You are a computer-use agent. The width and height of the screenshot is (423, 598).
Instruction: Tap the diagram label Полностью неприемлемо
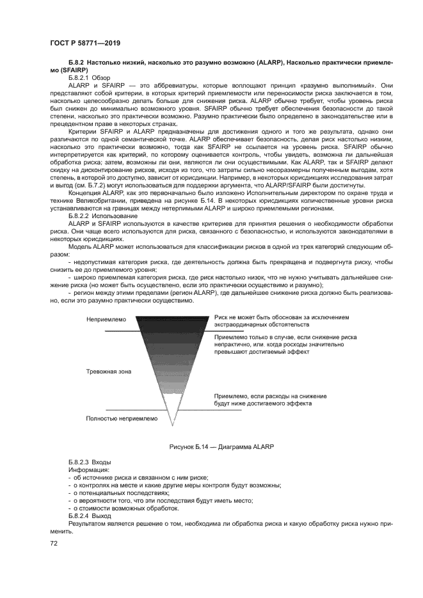[121, 418]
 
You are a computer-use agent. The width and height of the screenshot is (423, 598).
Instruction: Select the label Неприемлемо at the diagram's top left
[106, 319]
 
